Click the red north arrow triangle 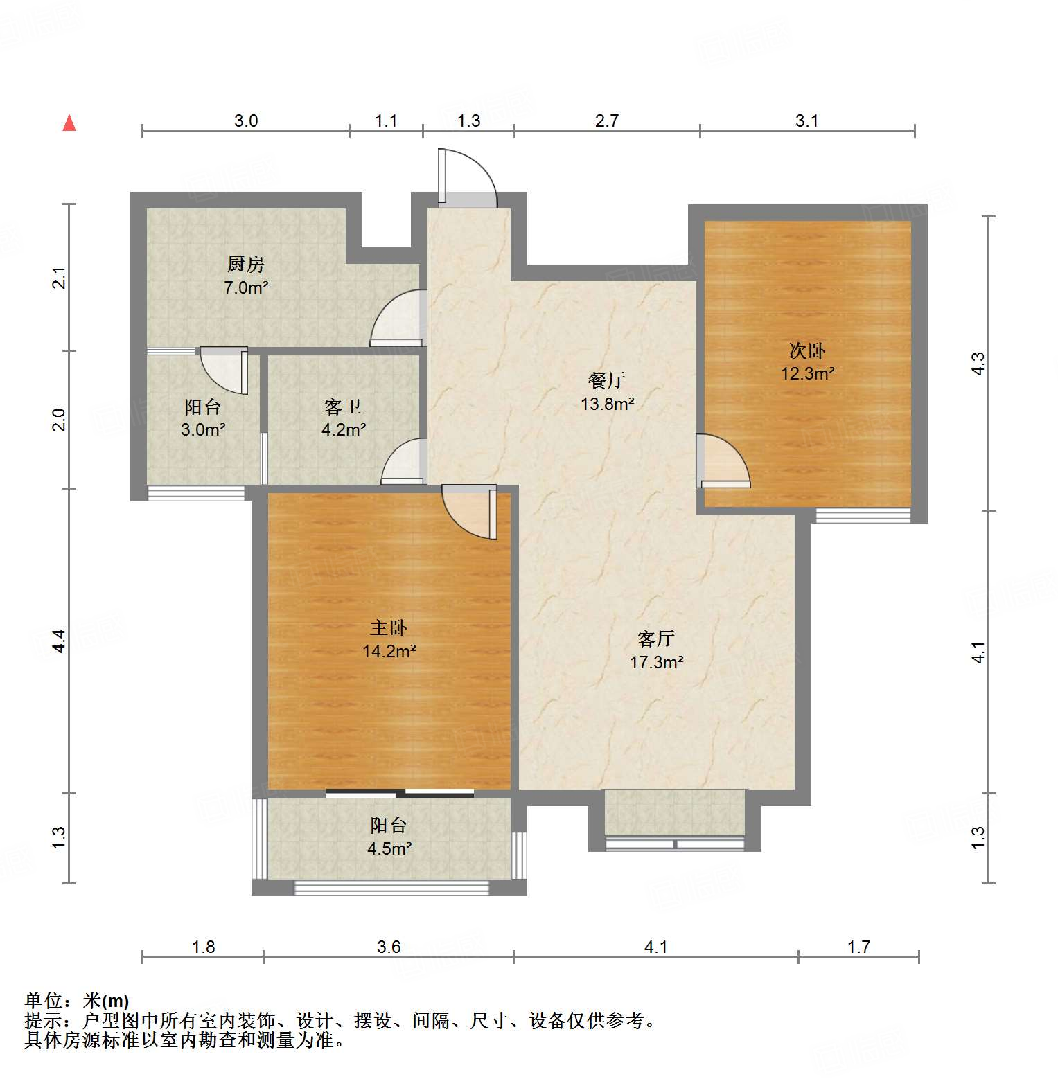pos(69,124)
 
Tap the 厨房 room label pos(246,264)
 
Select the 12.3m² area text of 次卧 pos(807,374)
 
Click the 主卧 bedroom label pos(389,627)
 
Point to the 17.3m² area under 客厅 pos(656,662)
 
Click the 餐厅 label pos(607,380)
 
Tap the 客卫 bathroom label pos(344,407)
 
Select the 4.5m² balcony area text pos(389,848)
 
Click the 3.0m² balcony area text pos(203,429)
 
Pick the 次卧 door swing pos(723,461)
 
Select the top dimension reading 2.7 pos(606,121)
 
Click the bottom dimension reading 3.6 pos(389,947)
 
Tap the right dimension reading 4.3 pos(978,364)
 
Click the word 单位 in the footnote pos(44,1001)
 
